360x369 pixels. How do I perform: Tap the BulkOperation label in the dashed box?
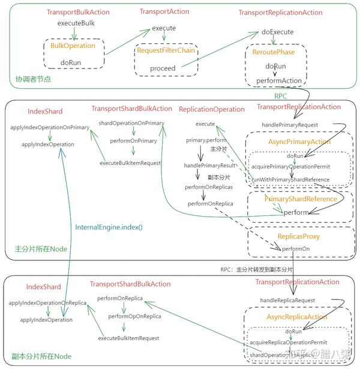pyautogui.click(x=73, y=46)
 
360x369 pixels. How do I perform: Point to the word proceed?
pyautogui.click(x=163, y=68)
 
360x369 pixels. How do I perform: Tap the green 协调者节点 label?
pyautogui.click(x=33, y=79)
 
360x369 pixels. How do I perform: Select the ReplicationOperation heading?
pyautogui.click(x=212, y=109)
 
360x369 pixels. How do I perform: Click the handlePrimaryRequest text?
pyautogui.click(x=289, y=124)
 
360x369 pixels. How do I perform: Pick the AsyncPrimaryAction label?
pyautogui.click(x=298, y=142)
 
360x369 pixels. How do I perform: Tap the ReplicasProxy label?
pyautogui.click(x=298, y=236)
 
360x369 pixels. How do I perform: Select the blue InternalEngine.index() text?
pyautogui.click(x=105, y=227)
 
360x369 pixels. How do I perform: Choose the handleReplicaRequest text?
pyautogui.click(x=288, y=299)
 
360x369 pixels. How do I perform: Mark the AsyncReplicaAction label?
pyautogui.click(x=296, y=317)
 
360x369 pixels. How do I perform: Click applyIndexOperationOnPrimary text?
pyautogui.click(x=50, y=127)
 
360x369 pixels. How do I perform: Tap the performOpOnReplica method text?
pyautogui.click(x=134, y=316)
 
